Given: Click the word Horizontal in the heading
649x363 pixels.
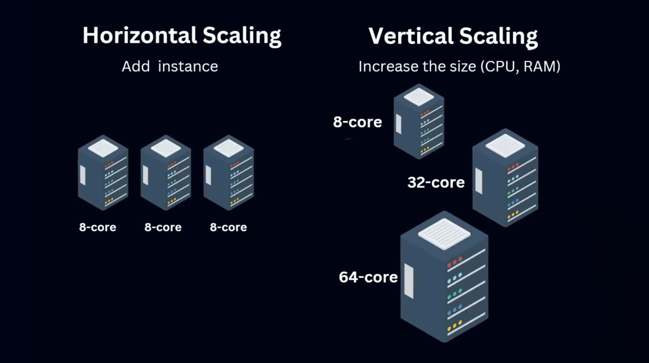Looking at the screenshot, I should tap(139, 36).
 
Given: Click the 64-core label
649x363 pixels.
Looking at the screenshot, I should tap(368, 277).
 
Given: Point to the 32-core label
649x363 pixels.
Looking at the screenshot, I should tap(436, 182).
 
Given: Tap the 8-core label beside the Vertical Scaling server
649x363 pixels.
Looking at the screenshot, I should tap(358, 122).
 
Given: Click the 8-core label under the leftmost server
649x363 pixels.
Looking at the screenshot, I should tap(97, 227).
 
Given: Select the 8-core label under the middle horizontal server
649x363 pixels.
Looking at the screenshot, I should tap(163, 227).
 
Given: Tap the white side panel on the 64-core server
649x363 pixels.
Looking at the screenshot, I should tap(409, 281).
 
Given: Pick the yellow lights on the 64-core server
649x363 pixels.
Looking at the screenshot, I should tap(454, 327).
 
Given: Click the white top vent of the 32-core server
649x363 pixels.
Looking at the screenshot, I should tap(505, 145).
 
